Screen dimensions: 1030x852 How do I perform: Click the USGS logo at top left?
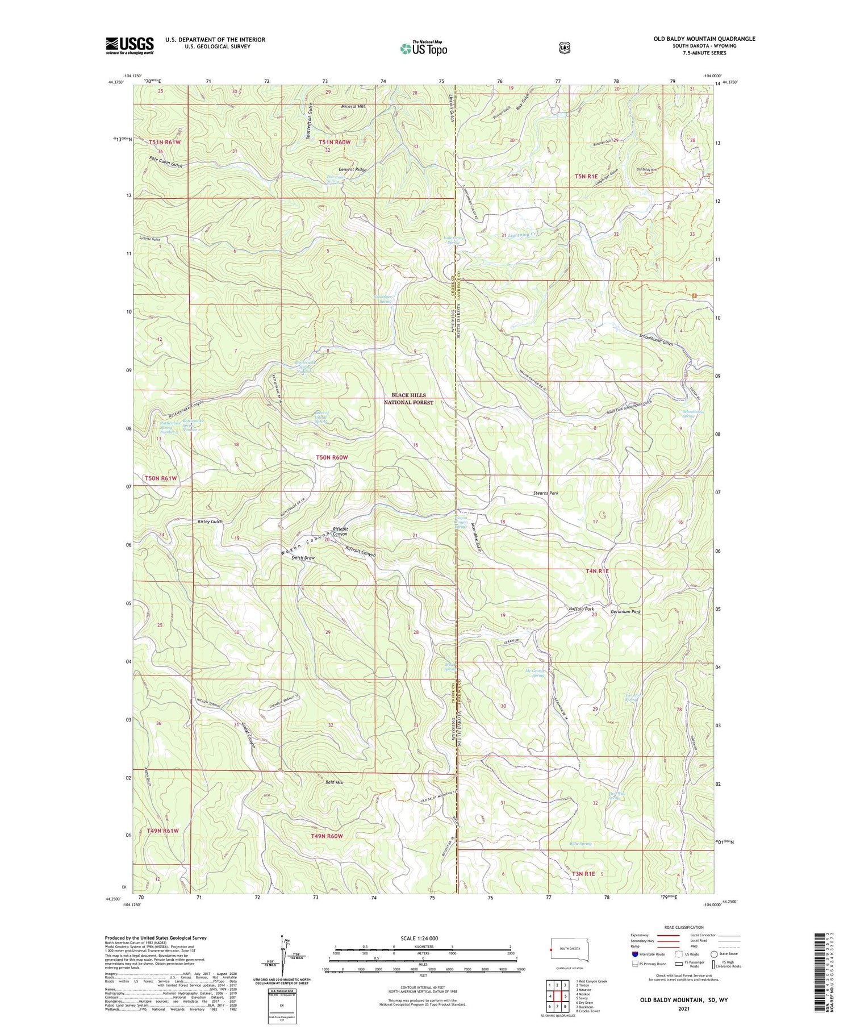coord(130,45)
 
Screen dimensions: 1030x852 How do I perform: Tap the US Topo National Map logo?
coord(423,48)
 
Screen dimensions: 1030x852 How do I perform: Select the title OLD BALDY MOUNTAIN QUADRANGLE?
coord(704,39)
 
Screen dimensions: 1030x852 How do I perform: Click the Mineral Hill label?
coord(353,106)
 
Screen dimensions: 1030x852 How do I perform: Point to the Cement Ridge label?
coord(353,169)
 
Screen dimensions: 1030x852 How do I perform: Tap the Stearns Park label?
coord(546,493)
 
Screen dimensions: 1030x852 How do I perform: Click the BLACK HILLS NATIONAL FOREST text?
coord(408,398)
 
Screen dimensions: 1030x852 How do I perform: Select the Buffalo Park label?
coord(581,608)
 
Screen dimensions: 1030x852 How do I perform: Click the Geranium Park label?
coord(625,612)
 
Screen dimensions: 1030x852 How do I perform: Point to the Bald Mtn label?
coord(335,783)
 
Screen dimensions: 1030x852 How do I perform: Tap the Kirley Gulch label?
coord(210,522)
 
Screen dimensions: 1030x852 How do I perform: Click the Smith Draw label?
coord(303,558)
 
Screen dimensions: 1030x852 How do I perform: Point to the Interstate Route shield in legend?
coord(634,954)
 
